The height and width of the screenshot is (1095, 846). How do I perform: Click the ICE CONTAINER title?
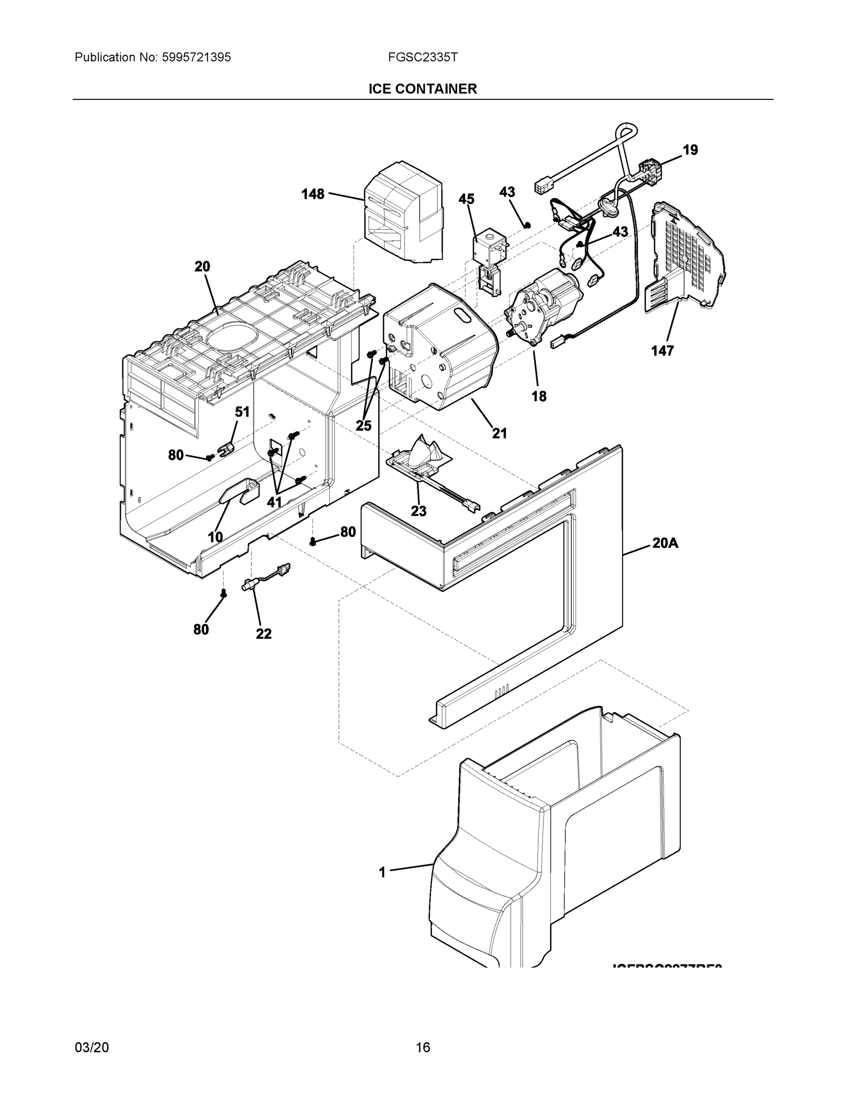(422, 89)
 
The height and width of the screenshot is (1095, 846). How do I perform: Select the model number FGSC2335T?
(422, 57)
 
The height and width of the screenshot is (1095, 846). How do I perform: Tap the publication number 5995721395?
(196, 57)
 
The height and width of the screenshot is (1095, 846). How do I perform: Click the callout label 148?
(313, 194)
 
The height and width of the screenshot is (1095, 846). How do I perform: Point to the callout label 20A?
(665, 543)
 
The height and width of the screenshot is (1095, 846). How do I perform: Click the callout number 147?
(662, 351)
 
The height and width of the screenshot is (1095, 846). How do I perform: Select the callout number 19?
(690, 150)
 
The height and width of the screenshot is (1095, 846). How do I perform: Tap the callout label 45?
(466, 199)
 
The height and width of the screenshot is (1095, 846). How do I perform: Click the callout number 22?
(264, 634)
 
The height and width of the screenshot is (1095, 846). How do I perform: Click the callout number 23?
(419, 511)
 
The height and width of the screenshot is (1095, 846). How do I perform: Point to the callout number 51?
(242, 412)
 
